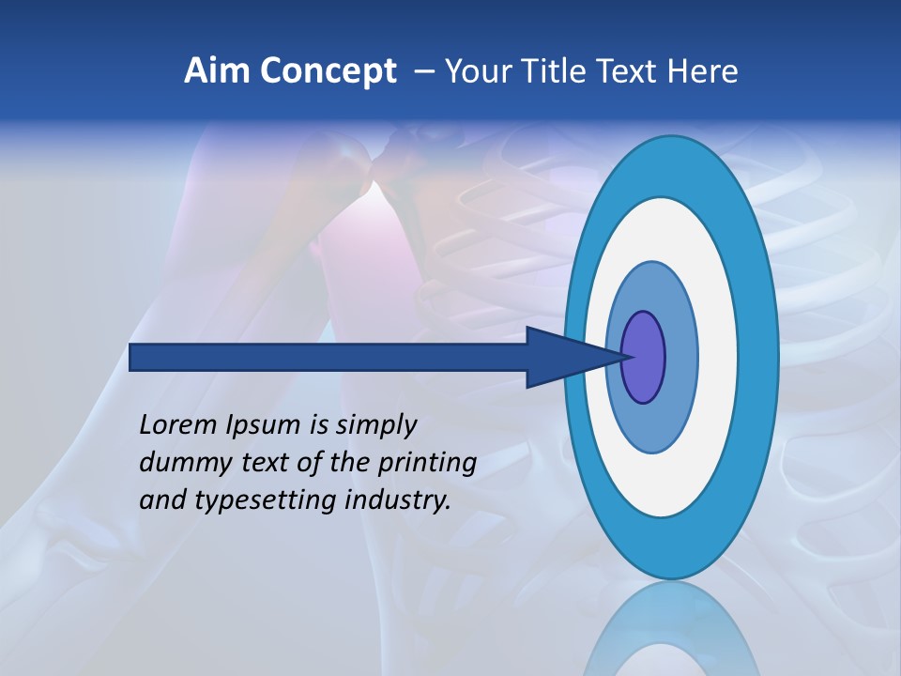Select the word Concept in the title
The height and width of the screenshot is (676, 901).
328,72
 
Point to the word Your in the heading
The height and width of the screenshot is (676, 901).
479,71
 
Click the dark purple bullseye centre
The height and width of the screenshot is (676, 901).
644,357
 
